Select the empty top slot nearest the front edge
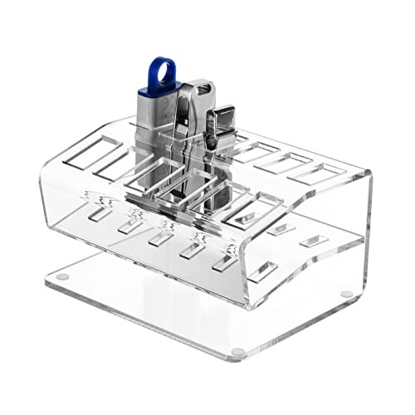tap(249, 212)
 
